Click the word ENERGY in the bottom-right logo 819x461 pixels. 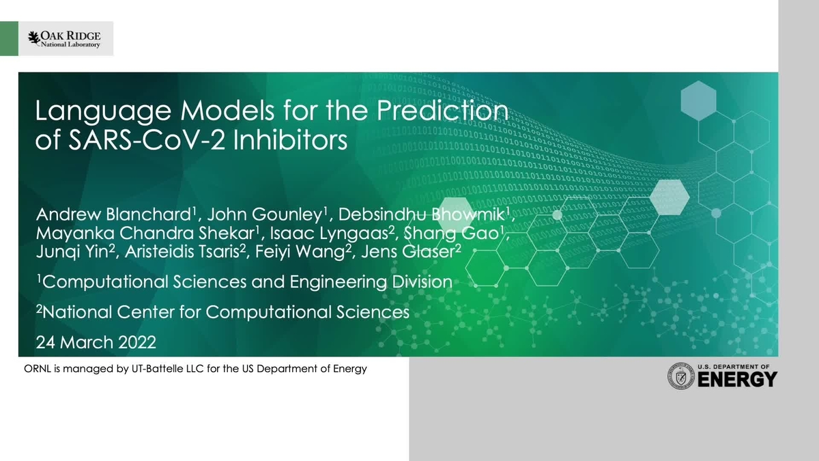tap(737, 380)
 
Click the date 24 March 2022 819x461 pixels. tap(96, 341)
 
